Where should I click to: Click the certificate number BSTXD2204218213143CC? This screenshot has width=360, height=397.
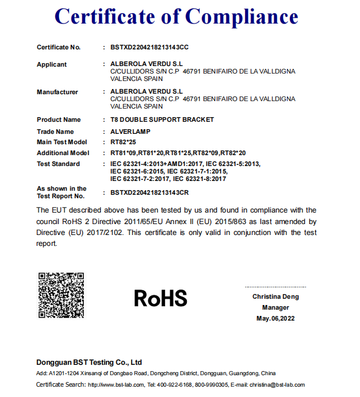(x=149, y=47)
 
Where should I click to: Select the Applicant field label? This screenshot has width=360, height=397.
(x=52, y=64)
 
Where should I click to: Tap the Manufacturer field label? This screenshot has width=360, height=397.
(x=58, y=92)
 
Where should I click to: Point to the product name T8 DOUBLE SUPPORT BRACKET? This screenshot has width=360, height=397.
(x=162, y=120)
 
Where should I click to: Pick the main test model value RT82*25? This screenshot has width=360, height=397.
(x=123, y=142)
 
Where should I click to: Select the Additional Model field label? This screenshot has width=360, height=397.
(x=63, y=153)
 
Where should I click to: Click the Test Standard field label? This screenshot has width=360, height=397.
(x=58, y=164)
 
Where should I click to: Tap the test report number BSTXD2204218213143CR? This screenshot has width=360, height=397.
(x=149, y=192)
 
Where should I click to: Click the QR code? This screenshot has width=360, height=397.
(x=62, y=295)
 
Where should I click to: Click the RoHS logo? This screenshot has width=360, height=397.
(x=160, y=298)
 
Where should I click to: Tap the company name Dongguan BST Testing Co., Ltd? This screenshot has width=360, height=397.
(x=89, y=363)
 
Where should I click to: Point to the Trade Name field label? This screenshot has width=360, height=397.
(x=55, y=132)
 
